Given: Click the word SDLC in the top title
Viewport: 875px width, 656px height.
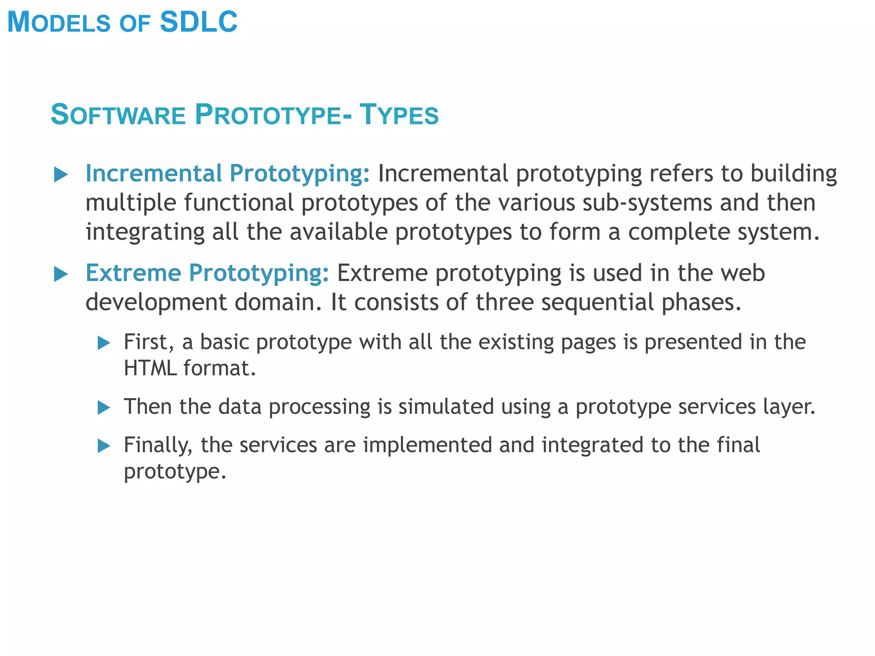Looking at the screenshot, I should pyautogui.click(x=199, y=22).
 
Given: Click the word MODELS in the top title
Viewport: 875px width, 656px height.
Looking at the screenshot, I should pyautogui.click(x=59, y=22).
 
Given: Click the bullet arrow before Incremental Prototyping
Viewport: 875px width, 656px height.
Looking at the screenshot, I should pyautogui.click(x=61, y=175).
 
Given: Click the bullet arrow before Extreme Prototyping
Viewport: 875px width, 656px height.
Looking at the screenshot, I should pyautogui.click(x=61, y=274).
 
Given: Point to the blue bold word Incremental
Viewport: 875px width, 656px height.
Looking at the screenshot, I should pyautogui.click(x=154, y=173).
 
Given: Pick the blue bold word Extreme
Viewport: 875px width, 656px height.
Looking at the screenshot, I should pyautogui.click(x=133, y=273).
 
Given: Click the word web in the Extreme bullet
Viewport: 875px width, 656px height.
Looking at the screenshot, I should pyautogui.click(x=743, y=273).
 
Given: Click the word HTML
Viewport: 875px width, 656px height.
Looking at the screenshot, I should pyautogui.click(x=150, y=368).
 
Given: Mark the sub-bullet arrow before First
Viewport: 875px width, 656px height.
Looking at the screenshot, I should pyautogui.click(x=104, y=343).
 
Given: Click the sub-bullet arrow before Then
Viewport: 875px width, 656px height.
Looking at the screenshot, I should pyautogui.click(x=104, y=407).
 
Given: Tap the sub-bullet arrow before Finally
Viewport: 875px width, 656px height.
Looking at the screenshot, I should pyautogui.click(x=104, y=446).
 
